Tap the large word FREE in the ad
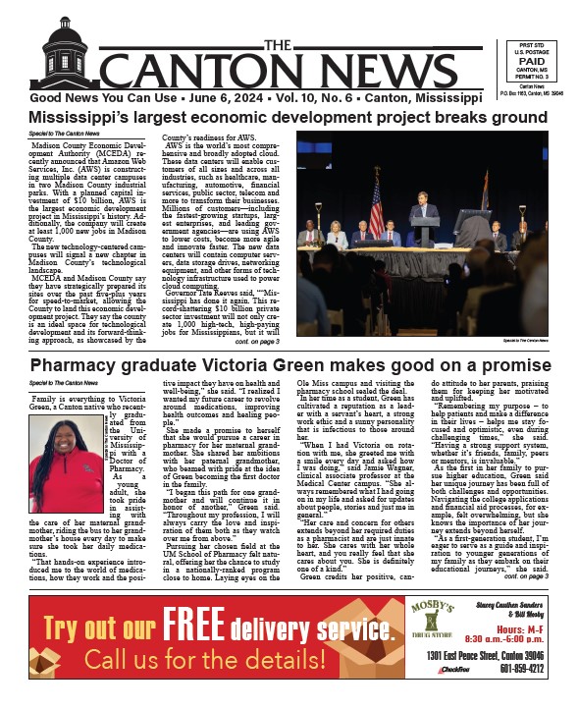click(207, 621)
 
